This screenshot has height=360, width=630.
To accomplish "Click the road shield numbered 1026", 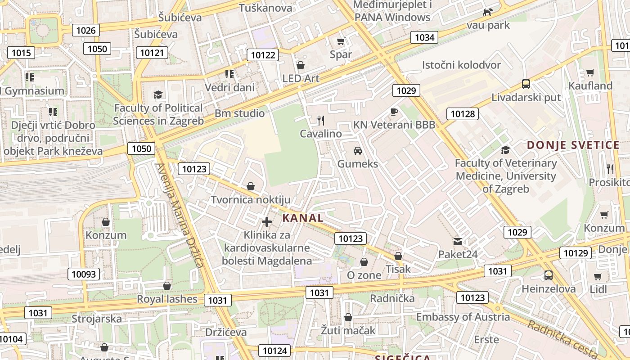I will point(86,30).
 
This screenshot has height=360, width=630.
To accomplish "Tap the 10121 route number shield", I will point(152,53).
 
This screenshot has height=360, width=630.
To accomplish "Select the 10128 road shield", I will point(462,113).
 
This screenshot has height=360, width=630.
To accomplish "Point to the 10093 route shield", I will point(84,274).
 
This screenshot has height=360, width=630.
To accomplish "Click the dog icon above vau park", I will point(488,12).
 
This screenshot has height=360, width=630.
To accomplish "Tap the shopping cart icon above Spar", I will point(341,41).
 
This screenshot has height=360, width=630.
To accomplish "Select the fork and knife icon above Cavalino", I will point(321,120).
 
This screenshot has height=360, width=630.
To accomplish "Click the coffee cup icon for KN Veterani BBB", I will point(394,112).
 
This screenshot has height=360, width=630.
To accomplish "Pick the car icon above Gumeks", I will point(358,150).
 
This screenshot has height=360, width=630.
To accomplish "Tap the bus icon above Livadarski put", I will point(526,84).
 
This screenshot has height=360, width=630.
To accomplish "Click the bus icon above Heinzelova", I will point(548,275).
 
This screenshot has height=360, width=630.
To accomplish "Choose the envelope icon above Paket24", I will point(458,242).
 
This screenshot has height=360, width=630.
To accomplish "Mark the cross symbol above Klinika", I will point(267,221).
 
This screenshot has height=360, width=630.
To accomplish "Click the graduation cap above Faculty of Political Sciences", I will point(158,94).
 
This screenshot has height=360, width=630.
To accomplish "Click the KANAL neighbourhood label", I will point(303,218).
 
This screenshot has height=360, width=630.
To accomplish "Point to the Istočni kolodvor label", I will point(461,65).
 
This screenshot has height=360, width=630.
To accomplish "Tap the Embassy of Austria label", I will point(463,317).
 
